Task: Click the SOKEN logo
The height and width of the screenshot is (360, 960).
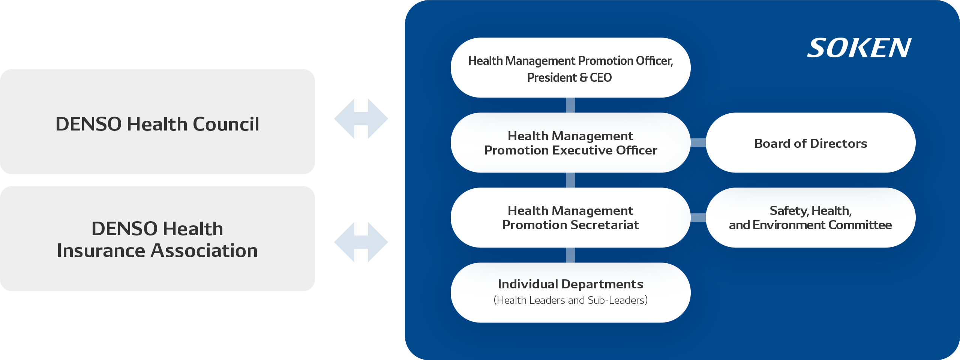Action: (859, 48)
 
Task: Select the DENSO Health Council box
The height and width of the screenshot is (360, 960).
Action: (157, 121)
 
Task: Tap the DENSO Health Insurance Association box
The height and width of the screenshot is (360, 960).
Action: (157, 239)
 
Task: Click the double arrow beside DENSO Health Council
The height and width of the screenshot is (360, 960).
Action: (361, 119)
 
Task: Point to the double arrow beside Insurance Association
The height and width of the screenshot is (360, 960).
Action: (361, 242)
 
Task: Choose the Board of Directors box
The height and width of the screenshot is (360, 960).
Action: (810, 143)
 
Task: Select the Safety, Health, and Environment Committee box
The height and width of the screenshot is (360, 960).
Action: (810, 217)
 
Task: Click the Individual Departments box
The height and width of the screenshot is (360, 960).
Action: (570, 292)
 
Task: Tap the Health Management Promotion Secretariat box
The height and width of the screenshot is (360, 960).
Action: (570, 217)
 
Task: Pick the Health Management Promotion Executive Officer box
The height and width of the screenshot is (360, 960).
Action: (570, 143)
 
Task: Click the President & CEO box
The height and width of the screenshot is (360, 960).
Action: (570, 68)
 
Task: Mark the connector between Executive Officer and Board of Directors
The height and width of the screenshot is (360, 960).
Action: (698, 143)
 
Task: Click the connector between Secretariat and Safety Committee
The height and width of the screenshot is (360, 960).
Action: (698, 217)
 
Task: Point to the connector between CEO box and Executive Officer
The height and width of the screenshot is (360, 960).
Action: (570, 105)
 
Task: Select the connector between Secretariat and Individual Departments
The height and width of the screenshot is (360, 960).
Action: (570, 255)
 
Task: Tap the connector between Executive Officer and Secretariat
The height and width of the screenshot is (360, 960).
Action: (570, 180)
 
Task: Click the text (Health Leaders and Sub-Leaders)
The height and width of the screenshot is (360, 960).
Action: (570, 300)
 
